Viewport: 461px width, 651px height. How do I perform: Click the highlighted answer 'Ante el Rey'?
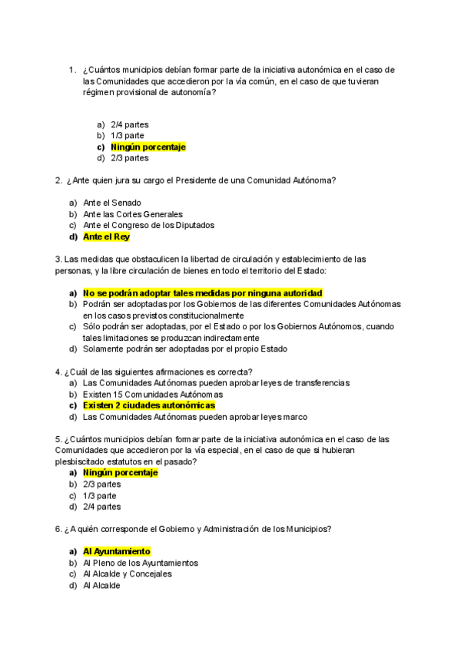[107, 237]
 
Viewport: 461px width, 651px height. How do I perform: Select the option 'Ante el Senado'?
[112, 203]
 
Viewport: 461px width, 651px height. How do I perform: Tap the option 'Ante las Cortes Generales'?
[133, 214]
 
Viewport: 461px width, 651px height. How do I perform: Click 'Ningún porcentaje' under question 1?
[148, 147]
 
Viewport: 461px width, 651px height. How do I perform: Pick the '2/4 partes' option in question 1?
[130, 124]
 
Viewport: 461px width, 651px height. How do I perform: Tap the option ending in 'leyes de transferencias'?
[216, 382]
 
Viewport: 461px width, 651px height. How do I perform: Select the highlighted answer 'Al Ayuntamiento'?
[117, 551]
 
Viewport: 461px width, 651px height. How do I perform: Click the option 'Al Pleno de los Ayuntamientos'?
[141, 563]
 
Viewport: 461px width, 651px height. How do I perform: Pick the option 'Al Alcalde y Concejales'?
[128, 573]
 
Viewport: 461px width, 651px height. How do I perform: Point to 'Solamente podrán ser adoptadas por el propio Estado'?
[185, 349]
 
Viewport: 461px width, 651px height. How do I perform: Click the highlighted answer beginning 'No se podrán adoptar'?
[203, 293]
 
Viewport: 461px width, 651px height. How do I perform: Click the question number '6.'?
[58, 529]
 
